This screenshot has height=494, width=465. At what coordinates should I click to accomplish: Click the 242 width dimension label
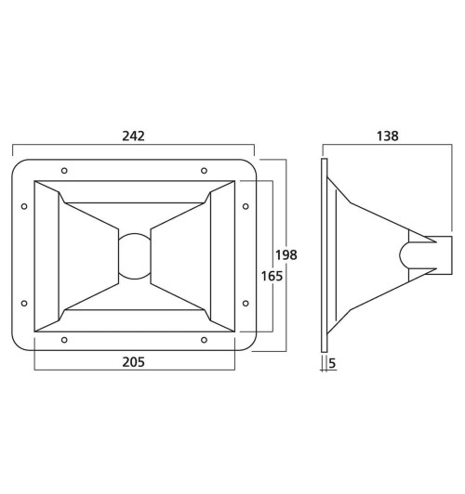[133, 136]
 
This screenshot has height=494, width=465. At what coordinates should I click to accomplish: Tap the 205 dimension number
[133, 362]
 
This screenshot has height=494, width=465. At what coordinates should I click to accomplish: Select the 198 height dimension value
[286, 254]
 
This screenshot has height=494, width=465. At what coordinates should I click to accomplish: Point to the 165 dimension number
[272, 277]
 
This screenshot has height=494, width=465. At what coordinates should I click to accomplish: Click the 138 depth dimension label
[388, 136]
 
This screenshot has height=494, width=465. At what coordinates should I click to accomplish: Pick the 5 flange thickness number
[332, 363]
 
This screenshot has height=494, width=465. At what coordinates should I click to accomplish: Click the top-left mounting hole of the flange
[64, 171]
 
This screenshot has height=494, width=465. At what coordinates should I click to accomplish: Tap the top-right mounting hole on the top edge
[204, 171]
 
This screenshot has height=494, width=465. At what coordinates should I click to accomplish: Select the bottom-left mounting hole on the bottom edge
[64, 340]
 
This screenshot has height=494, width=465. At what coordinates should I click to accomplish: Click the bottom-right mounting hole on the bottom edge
[204, 340]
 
